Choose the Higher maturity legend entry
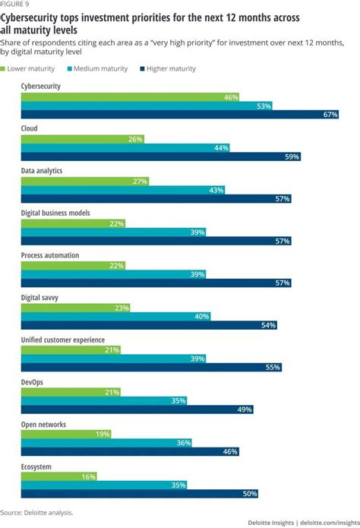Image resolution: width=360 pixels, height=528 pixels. (169, 68)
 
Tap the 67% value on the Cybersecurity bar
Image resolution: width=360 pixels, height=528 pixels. (329, 114)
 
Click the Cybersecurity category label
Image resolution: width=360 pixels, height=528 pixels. (41, 87)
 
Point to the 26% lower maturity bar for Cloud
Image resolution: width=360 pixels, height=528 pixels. (82, 139)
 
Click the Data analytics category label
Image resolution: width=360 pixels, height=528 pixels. (42, 171)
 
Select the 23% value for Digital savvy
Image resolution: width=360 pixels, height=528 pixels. (121, 308)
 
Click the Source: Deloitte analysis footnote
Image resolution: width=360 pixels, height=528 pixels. (37, 514)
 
